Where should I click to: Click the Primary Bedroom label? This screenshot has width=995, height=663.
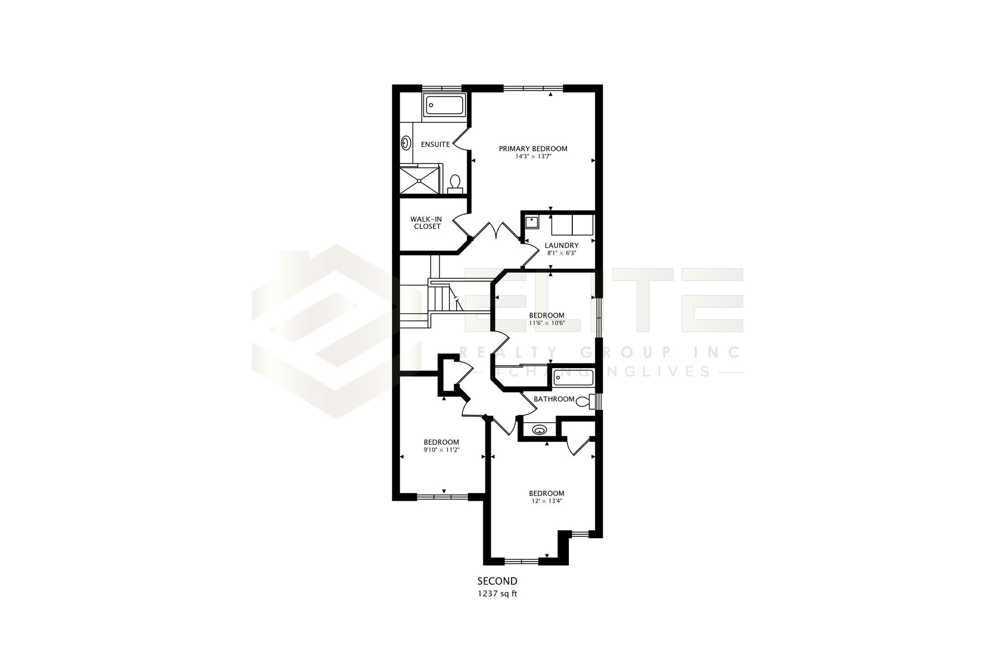point(533,149)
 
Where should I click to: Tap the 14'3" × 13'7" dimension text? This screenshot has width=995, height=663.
point(533,157)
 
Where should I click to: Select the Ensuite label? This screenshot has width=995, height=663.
point(435,144)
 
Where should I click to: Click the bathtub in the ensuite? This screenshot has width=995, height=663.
point(444,105)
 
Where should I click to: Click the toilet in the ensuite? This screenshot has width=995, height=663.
point(455,185)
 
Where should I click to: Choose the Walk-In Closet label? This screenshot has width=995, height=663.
point(426,223)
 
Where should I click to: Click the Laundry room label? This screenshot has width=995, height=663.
point(561,245)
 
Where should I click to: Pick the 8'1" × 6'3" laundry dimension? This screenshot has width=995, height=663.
point(561,253)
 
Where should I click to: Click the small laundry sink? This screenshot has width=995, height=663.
point(532,222)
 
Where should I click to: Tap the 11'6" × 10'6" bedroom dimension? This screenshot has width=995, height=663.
point(547,323)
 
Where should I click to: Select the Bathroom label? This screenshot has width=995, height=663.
point(554,399)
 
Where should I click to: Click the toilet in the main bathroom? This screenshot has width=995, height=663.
point(585,401)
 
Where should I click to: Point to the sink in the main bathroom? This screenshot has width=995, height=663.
point(539,430)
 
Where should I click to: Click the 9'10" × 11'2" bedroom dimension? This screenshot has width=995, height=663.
point(441,450)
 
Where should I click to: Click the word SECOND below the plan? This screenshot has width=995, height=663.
point(497,581)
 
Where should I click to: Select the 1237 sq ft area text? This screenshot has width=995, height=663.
point(497,593)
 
